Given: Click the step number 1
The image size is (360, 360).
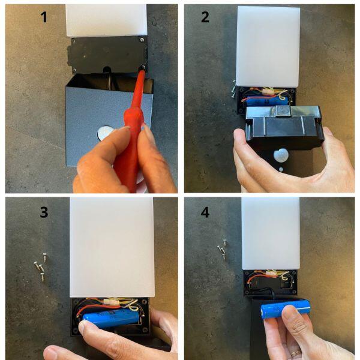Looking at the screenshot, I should pos(43,17).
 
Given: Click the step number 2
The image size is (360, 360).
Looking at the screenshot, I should pos(205,17).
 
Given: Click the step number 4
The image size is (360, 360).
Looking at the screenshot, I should pos(205,212).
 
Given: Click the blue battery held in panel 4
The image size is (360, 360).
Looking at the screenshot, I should pos(285,309).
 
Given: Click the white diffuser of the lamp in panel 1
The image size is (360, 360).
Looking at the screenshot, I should pos(106,19).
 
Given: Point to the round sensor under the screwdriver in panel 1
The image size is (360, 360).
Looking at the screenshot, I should pos(104,133).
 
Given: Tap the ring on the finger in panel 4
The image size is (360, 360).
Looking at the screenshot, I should pos(293,353).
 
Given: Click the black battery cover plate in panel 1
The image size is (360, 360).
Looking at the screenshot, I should pos(108,54).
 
